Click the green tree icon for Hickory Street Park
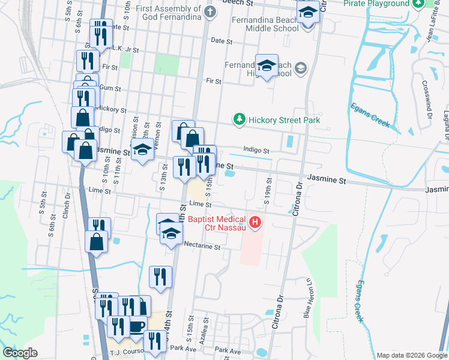240,120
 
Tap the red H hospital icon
255,224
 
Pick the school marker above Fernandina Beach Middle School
309,12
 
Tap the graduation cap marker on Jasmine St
143,151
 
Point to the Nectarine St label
202,247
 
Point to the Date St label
221,41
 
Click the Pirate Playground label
376,4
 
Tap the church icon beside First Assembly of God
209,11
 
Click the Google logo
20,353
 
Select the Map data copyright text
412,355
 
